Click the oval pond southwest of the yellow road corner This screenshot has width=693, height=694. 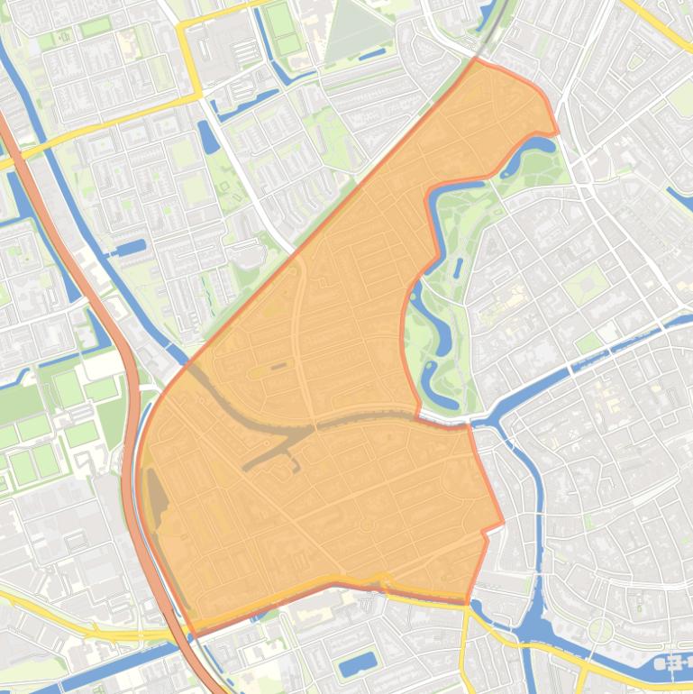pyautogui.click(x=207, y=136)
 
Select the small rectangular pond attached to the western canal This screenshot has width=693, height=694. pyautogui.click(x=131, y=246)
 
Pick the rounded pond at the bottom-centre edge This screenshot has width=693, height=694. pyautogui.click(x=357, y=665)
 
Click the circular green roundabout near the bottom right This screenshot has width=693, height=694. pyautogui.click(x=601, y=630)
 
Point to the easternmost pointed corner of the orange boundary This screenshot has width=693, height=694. pyautogui.click(x=503, y=522)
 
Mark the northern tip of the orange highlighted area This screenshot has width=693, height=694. pyautogui.click(x=477, y=59)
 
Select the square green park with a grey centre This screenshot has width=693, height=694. pyautogui.click(x=585, y=283)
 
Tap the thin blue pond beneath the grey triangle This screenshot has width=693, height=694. pyautogui.click(x=372, y=56)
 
